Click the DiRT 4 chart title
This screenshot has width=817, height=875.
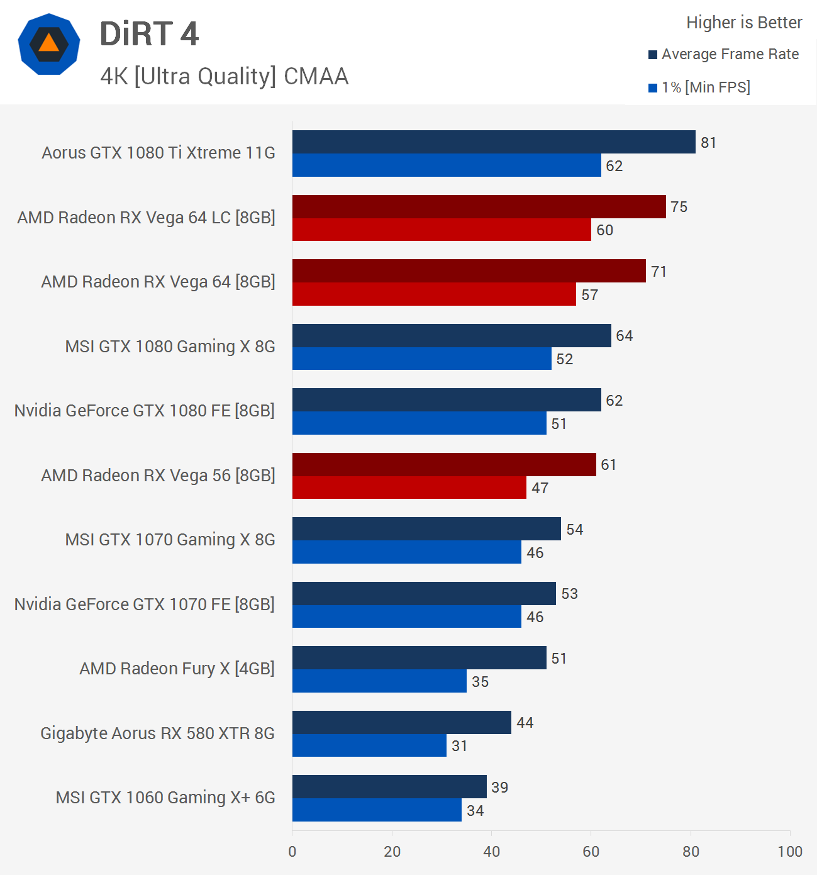[x=149, y=34]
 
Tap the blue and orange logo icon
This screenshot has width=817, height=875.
[x=49, y=44]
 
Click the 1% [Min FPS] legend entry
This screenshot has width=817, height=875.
[x=699, y=87]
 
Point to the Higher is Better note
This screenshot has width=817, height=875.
[x=744, y=23]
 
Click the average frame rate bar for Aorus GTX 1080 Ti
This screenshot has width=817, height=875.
[x=494, y=142]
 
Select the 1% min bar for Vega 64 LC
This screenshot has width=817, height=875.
[x=442, y=230]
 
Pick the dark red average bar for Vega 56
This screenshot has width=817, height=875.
[x=444, y=464]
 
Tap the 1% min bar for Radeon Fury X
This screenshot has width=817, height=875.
[x=379, y=681]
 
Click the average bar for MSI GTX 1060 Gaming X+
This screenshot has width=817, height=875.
[x=389, y=786]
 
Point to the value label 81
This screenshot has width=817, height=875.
[x=709, y=143]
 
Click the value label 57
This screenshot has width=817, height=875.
[x=590, y=295]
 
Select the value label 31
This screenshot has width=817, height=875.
[x=460, y=746]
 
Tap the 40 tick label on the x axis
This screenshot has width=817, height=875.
[x=492, y=852]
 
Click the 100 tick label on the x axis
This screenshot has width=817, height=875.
[x=790, y=852]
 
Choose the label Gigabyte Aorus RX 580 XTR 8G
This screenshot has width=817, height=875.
[x=157, y=733]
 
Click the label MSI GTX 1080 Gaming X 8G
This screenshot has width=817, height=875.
[x=170, y=347]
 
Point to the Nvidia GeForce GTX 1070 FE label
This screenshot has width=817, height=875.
[x=145, y=605]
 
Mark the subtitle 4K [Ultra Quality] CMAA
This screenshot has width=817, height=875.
[x=224, y=77]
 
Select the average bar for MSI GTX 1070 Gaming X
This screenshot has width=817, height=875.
[x=426, y=529]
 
